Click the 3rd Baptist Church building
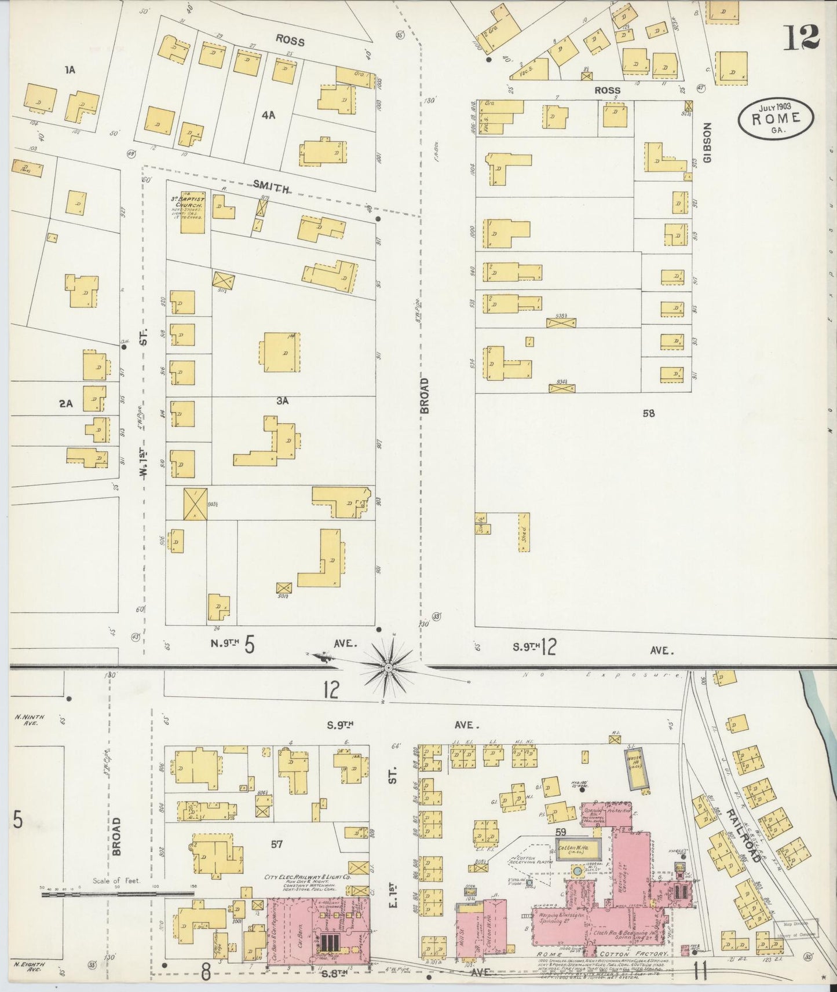point(192,211)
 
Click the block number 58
point(648,413)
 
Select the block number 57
point(276,844)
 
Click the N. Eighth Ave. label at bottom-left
point(26,967)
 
